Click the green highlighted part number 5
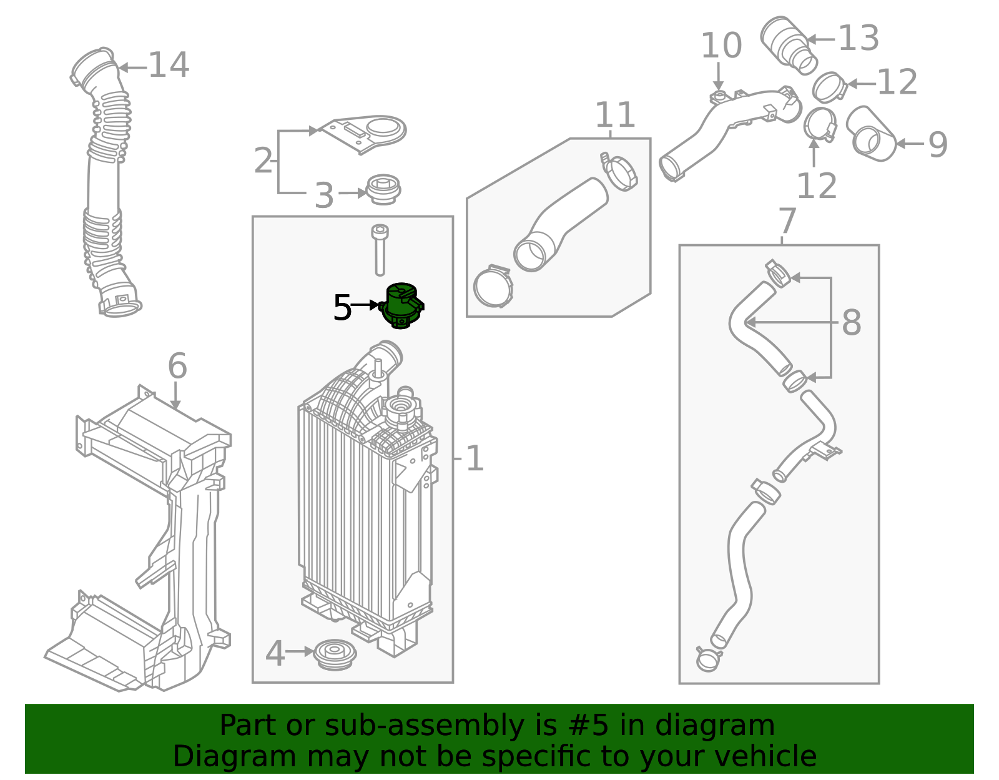[x=401, y=305]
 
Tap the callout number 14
[x=169, y=66]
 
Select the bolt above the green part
[x=379, y=250]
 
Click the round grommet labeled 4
[x=335, y=654]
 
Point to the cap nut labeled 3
[x=383, y=189]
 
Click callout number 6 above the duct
[x=177, y=366]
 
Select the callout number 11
[x=615, y=115]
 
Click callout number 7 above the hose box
[x=787, y=221]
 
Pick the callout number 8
[x=851, y=323]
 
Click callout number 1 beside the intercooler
[x=475, y=459]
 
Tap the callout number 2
[x=263, y=161]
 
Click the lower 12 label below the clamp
[x=817, y=186]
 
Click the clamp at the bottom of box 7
[x=708, y=659]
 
